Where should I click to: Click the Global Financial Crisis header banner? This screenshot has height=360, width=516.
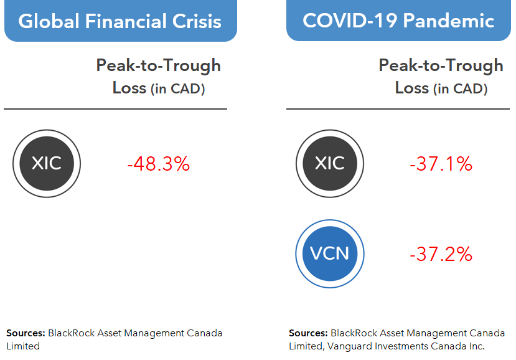coord(120,21)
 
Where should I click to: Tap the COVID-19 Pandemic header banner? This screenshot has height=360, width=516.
coord(398,21)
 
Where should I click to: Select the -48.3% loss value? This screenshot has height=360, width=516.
coord(158,164)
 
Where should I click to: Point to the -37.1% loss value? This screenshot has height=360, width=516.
coord(441,164)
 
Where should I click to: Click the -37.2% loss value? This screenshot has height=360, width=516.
coord(441,254)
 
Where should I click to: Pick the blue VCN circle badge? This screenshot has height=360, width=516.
coord(329,253)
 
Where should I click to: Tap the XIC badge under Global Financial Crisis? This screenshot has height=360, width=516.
coord(47,164)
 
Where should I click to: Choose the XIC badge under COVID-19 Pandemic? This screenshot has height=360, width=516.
coord(329,164)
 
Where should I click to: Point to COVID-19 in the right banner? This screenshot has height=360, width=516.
coord(349,21)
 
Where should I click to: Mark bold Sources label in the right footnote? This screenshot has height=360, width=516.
coord(307,333)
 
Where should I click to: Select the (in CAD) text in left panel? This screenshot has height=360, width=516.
coord(178,89)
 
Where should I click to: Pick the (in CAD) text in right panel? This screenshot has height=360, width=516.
coord(461,89)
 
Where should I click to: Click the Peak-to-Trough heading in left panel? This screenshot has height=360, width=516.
coord(158,65)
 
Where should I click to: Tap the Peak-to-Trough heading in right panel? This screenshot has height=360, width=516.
coord(441,65)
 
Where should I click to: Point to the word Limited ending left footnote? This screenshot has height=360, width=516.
coord(23,346)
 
